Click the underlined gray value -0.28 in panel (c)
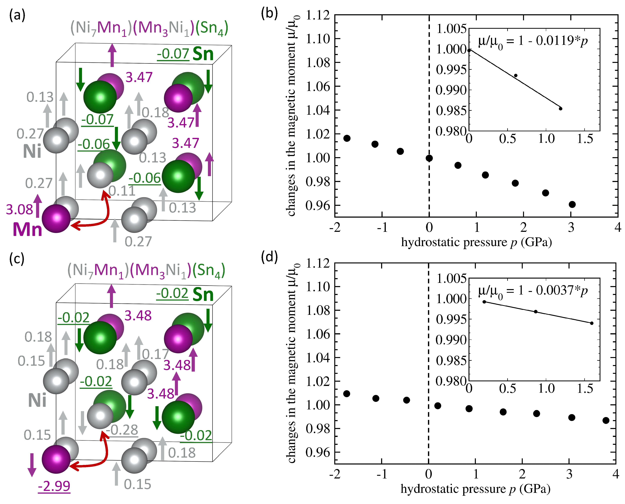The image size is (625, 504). point(122,430)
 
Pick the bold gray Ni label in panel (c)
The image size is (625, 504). point(37,401)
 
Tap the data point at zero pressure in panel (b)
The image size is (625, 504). point(429,158)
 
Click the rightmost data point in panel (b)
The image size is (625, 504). point(572,204)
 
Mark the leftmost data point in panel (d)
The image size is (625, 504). point(346,394)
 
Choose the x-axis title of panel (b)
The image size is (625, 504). point(476,242)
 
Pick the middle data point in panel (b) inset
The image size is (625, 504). point(516,75)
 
